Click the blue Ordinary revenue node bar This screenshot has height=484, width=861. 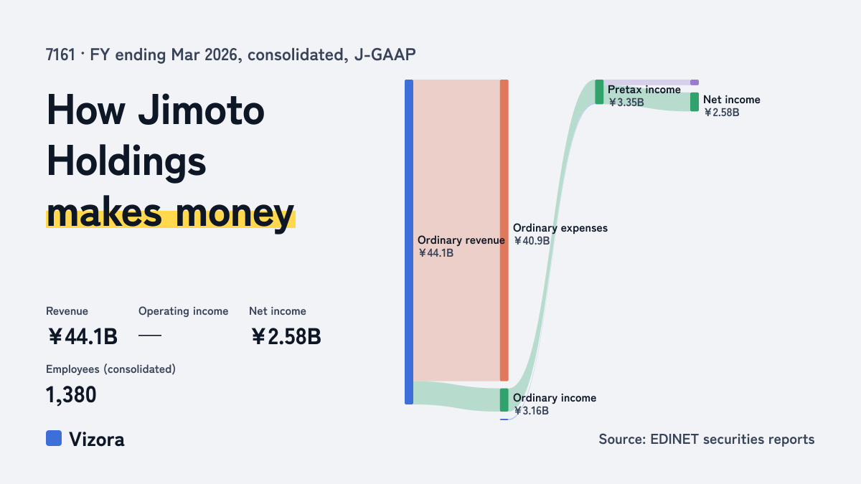[x=409, y=242]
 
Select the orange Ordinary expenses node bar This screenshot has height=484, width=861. [x=504, y=230]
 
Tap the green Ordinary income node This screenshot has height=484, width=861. [x=504, y=400]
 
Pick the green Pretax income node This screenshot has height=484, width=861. [x=599, y=92]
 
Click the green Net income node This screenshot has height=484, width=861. [x=695, y=102]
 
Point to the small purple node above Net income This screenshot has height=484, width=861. [x=695, y=82]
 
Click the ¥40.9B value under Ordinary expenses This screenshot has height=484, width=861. [x=532, y=241]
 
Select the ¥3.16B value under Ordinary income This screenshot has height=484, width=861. [x=531, y=411]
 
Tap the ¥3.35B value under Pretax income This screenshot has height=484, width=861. [x=626, y=103]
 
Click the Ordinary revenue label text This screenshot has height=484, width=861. [x=461, y=240]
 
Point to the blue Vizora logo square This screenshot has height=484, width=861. [x=54, y=438]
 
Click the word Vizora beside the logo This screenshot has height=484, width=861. [x=97, y=440]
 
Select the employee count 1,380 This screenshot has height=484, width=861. [x=71, y=395]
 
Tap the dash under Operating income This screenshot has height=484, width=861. [x=150, y=336]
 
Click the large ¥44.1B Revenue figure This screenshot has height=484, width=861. [x=83, y=336]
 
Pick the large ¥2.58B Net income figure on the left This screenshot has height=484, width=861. [x=286, y=336]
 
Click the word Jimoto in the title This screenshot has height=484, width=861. [x=202, y=110]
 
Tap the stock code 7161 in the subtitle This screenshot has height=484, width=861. [x=60, y=54]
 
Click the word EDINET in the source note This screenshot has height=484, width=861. [x=674, y=439]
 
